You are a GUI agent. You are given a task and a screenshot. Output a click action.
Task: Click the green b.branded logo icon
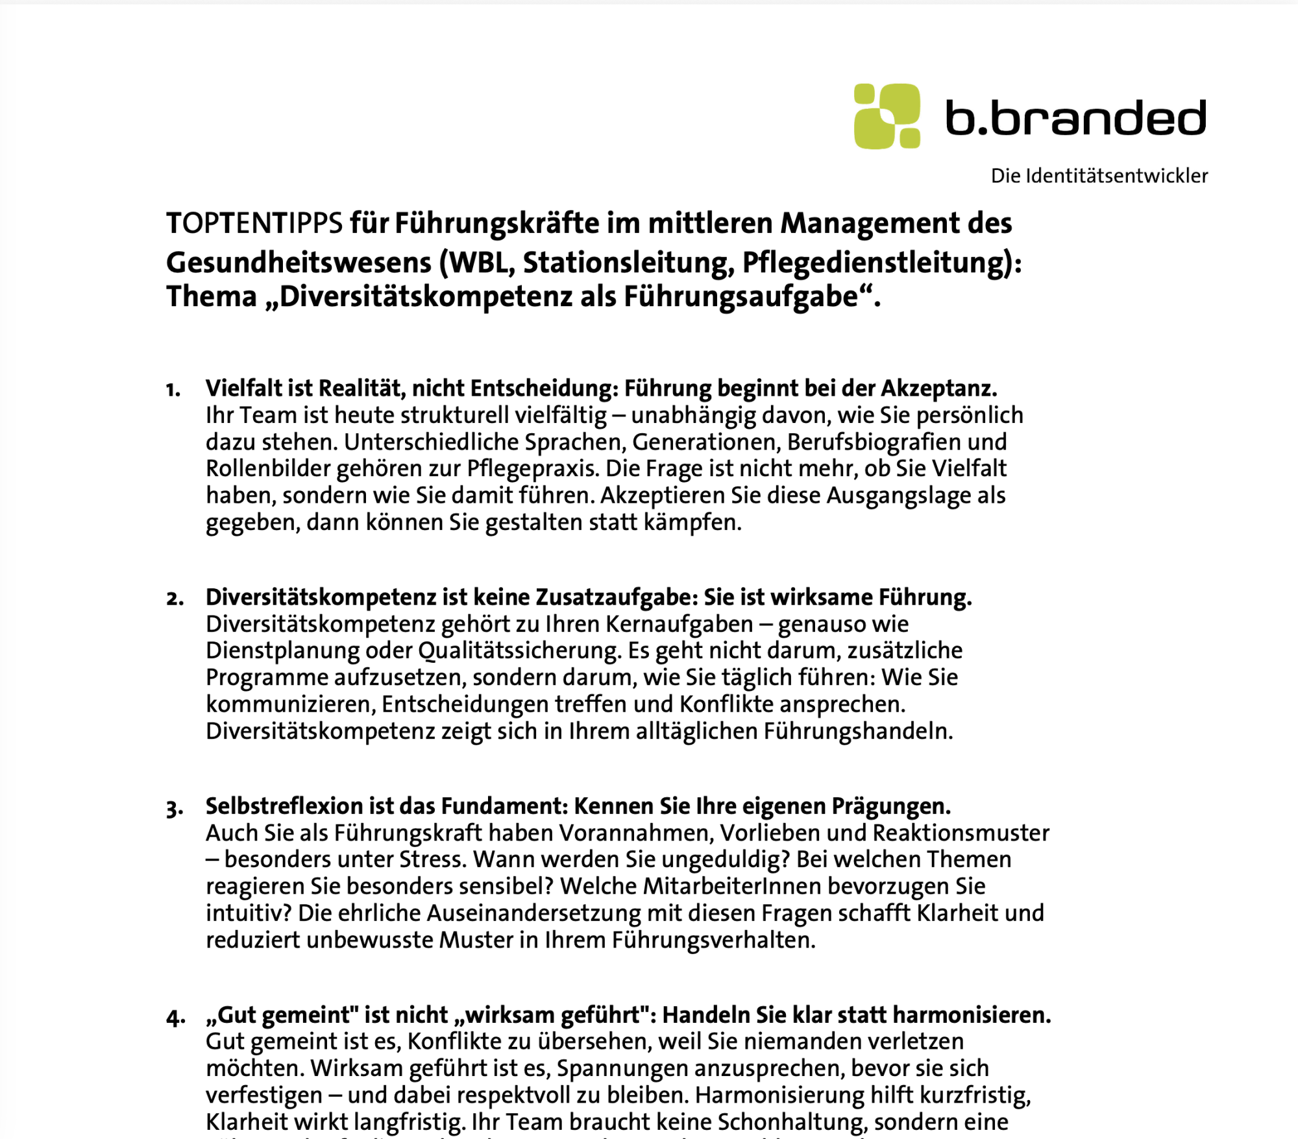[887, 116]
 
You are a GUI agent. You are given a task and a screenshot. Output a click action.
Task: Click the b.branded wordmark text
[1075, 118]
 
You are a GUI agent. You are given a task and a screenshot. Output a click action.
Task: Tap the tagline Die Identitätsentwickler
[1099, 176]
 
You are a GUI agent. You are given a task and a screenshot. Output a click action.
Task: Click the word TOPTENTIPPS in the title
[254, 224]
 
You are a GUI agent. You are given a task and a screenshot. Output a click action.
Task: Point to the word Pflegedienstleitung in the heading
[876, 263]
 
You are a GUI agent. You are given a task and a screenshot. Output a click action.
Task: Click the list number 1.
[173, 390]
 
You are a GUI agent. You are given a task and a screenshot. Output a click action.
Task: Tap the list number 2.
[174, 599]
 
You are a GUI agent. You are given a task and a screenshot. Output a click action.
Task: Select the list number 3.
[174, 808]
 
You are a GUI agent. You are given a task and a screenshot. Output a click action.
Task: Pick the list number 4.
[175, 1017]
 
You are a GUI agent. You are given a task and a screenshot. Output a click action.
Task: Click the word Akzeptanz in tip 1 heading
[938, 389]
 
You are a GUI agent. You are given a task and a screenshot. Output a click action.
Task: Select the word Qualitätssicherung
[519, 651]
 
